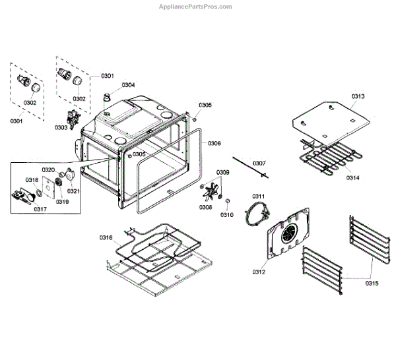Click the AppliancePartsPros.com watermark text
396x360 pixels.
point(196,7)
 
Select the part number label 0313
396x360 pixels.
point(358,96)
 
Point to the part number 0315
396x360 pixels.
point(372,284)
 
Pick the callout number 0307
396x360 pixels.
point(259,163)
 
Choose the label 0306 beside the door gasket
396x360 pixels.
point(214,143)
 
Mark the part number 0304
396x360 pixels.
point(128,85)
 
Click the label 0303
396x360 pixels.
point(61,127)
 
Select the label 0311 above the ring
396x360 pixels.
point(258,196)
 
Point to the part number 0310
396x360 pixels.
point(227,215)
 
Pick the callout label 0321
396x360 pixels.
point(73,191)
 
